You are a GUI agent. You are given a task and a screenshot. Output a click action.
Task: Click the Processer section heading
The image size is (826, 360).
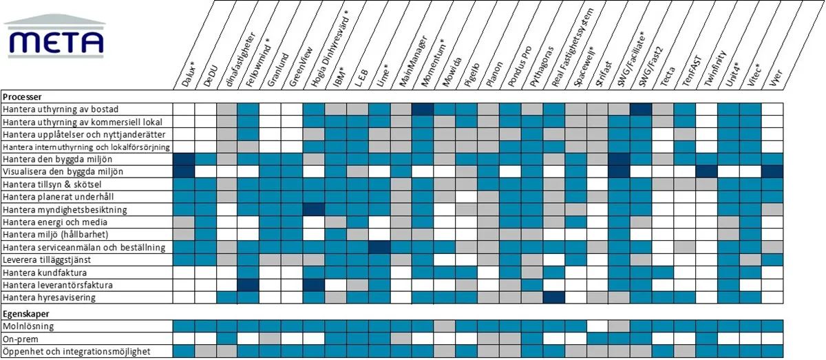pyautogui.click(x=22, y=97)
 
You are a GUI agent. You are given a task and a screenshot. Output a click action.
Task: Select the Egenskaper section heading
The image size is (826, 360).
pyautogui.click(x=25, y=313)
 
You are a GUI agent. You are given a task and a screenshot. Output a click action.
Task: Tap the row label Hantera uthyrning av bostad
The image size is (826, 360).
pyautogui.click(x=61, y=109)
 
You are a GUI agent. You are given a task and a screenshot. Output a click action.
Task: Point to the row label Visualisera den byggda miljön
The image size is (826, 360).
pyautogui.click(x=68, y=171)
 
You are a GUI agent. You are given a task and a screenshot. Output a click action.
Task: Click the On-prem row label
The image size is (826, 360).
pyautogui.click(x=21, y=339)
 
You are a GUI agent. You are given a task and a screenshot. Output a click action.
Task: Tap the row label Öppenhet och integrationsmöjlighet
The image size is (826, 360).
pyautogui.click(x=76, y=352)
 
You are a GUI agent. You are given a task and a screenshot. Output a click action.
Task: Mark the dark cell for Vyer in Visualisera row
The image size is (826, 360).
pyautogui.click(x=772, y=171)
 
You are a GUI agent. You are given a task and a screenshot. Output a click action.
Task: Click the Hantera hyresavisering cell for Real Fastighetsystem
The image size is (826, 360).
pyautogui.click(x=553, y=297)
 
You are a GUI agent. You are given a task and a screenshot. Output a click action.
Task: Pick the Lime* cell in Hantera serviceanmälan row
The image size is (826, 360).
pyautogui.click(x=379, y=247)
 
